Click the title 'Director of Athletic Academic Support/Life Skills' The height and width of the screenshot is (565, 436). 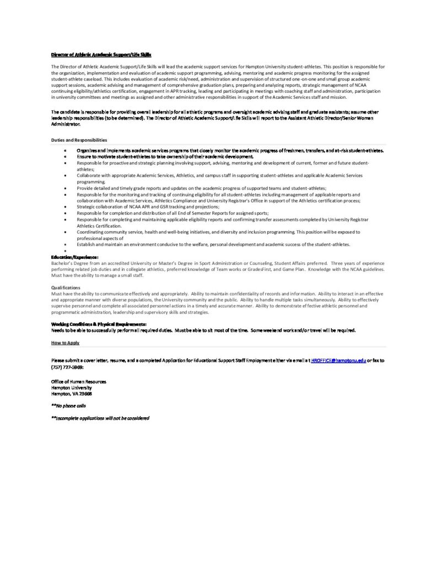[x=101, y=55]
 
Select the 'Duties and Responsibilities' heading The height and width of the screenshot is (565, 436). [x=79, y=140]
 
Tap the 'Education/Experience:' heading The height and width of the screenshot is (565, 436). [x=75, y=257]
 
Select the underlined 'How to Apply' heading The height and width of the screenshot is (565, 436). [x=65, y=343]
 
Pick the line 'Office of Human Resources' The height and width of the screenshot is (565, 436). [x=78, y=382]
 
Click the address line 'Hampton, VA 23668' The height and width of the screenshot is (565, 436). [x=71, y=393]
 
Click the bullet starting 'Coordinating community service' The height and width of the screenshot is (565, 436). [x=218, y=232]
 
